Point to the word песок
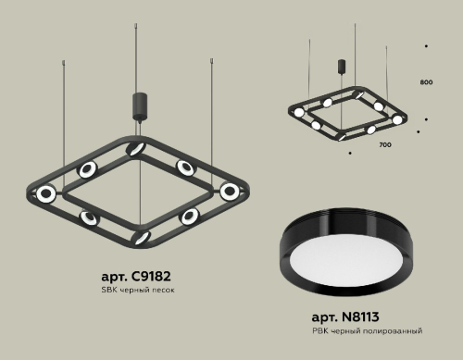point(161,291)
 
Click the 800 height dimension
point(426,83)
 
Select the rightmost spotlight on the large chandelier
point(229,191)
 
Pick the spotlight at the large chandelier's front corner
point(141,237)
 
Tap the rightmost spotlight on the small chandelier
point(397,119)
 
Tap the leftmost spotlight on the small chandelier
point(299,115)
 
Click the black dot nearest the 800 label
point(426,118)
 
